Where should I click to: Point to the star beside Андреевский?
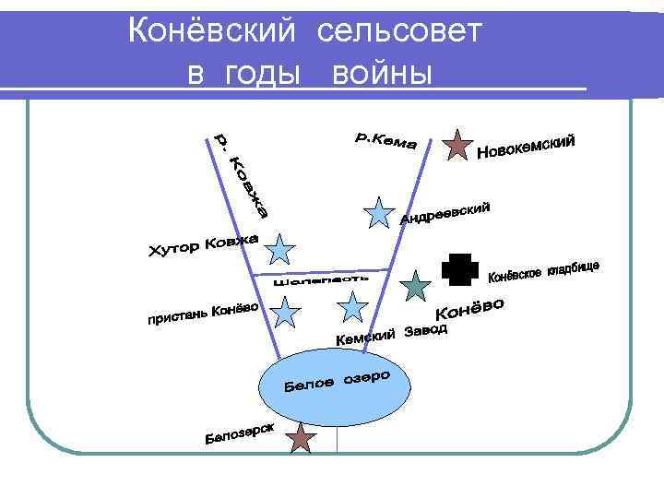[379, 213]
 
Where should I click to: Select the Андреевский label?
[445, 212]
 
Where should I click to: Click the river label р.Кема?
[386, 141]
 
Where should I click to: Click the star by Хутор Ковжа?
[280, 250]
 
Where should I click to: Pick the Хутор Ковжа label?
[205, 246]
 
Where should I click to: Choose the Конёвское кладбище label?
[543, 271]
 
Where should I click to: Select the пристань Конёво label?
[202, 314]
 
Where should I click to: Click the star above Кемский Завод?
[352, 307]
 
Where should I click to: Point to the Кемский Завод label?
[391, 336]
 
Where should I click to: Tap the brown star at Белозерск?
[301, 439]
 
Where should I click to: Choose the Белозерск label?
[239, 434]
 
